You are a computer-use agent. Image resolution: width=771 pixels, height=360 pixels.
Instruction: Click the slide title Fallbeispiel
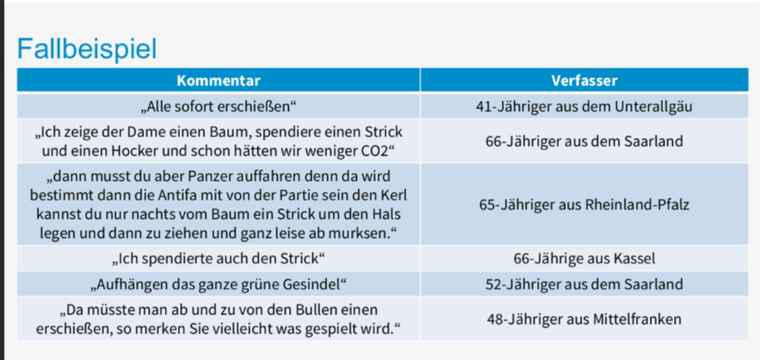pos(87,49)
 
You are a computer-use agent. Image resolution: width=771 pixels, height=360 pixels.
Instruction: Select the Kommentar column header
pos(218,81)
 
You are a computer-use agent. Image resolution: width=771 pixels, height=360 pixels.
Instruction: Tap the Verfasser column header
pos(584,81)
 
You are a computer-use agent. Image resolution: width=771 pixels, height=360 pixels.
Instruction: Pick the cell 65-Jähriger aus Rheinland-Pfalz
pos(584,204)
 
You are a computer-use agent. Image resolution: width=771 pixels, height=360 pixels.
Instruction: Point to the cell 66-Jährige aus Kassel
pos(584,258)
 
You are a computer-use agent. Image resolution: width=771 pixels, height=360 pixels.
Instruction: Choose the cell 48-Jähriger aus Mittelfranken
pos(584,319)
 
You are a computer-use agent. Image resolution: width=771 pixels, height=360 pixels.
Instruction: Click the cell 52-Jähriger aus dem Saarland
pos(584,284)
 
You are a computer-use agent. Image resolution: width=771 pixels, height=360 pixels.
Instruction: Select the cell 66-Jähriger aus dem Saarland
pos(584,142)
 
